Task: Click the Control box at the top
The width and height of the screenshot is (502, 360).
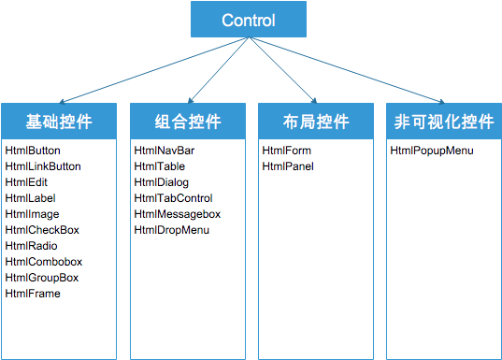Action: click(248, 20)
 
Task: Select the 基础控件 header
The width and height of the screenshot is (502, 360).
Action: click(59, 122)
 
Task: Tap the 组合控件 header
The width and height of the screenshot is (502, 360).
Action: click(188, 122)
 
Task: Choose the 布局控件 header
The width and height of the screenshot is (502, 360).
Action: click(315, 122)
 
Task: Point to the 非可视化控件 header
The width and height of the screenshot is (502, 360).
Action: click(442, 122)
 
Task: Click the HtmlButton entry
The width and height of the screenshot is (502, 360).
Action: click(33, 151)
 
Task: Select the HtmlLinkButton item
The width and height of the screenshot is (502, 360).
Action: click(43, 166)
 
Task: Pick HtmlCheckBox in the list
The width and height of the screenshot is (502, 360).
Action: click(42, 230)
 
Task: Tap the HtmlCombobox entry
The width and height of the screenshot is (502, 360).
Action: click(43, 262)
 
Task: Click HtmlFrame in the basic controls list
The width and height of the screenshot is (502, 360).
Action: click(33, 294)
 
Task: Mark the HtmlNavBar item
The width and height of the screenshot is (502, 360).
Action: click(165, 151)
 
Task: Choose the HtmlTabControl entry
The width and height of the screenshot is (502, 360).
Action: click(173, 198)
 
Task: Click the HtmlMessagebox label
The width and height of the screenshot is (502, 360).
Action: click(178, 214)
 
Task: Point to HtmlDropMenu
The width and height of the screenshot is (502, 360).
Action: click(172, 230)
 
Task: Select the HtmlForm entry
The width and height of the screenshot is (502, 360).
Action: click(287, 151)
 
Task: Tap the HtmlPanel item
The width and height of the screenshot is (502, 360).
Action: click(288, 166)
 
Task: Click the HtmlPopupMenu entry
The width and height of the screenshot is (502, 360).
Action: click(432, 151)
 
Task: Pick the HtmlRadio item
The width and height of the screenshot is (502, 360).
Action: click(31, 246)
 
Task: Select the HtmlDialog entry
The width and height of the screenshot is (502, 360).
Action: click(162, 182)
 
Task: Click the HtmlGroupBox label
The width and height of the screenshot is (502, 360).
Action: click(42, 278)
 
